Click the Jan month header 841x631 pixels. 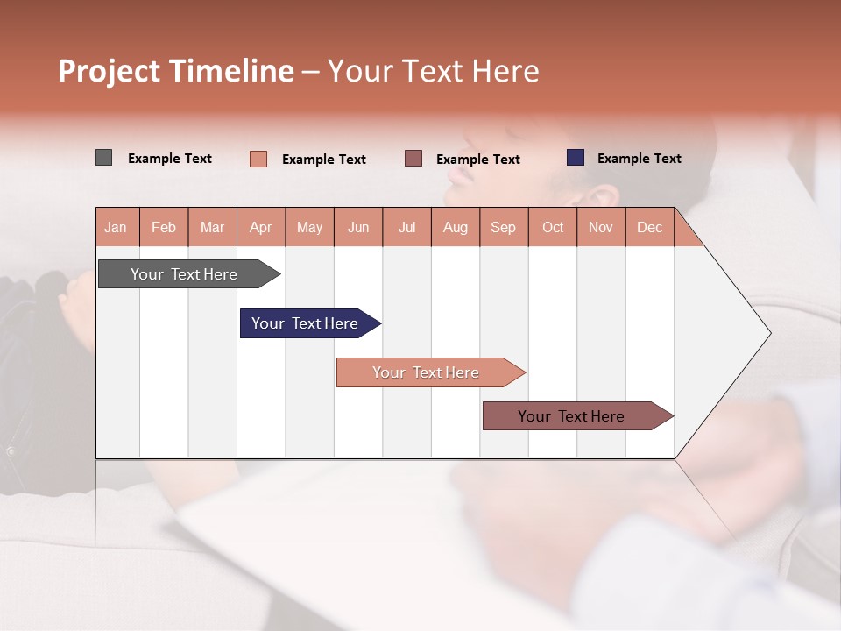point(116,228)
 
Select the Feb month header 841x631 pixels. point(164,228)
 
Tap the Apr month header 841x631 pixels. point(260,228)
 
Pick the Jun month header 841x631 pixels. point(358,228)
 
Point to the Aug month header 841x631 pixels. point(455,228)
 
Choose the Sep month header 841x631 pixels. point(503,228)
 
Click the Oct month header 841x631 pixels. point(553,228)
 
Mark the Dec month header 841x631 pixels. point(649,228)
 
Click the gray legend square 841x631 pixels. point(103,158)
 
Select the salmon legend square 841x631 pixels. point(258,159)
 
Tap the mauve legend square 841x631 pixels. point(413,159)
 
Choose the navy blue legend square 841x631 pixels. point(575,158)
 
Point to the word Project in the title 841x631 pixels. point(109,71)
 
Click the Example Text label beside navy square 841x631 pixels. point(639,159)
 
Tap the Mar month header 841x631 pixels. point(212,228)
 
